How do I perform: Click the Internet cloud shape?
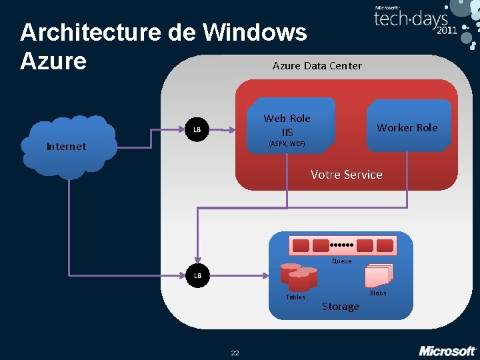click(67, 146)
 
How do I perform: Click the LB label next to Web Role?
click(197, 129)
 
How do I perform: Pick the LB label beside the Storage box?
click(197, 275)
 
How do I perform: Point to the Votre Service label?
click(346, 175)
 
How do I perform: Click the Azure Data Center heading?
click(317, 65)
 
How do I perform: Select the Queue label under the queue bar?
click(342, 261)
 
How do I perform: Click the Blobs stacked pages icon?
click(378, 275)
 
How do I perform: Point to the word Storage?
click(340, 307)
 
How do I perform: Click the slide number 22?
click(235, 353)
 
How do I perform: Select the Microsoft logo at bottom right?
click(447, 350)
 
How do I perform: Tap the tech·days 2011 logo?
click(417, 20)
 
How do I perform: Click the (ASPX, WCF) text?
click(287, 143)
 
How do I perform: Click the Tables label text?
click(295, 297)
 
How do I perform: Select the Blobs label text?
click(378, 293)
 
